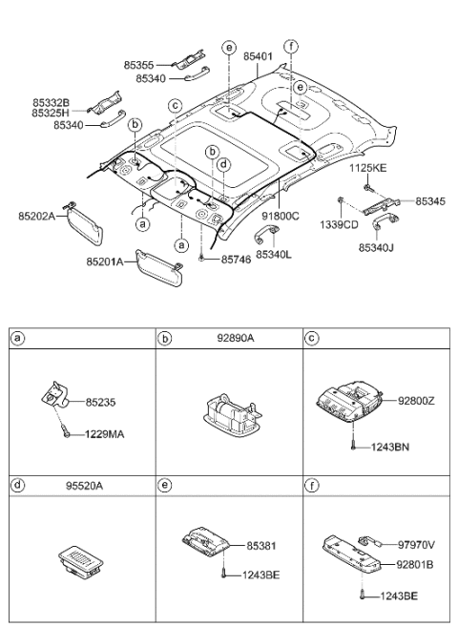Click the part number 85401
pyautogui.click(x=258, y=56)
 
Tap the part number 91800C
pyautogui.click(x=281, y=216)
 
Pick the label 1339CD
pyautogui.click(x=340, y=226)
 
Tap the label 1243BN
pyautogui.click(x=391, y=447)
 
